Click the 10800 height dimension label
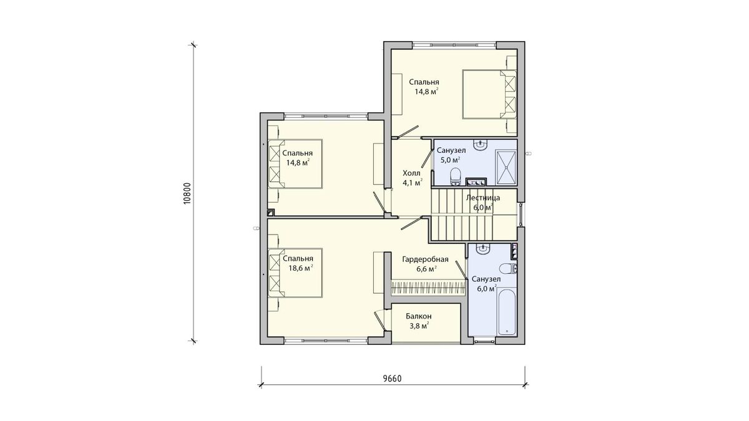187,193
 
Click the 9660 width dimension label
392,379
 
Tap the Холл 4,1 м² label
412,178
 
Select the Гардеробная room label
425,259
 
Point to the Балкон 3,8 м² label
419,321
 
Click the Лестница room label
483,198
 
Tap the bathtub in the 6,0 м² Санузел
507,313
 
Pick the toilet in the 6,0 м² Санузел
508,268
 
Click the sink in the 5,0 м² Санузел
481,146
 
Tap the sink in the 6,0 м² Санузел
482,249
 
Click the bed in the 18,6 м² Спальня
295,273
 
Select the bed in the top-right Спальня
489,94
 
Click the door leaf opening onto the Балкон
379,320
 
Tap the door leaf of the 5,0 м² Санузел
427,158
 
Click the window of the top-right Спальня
454,45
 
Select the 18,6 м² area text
301,268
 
